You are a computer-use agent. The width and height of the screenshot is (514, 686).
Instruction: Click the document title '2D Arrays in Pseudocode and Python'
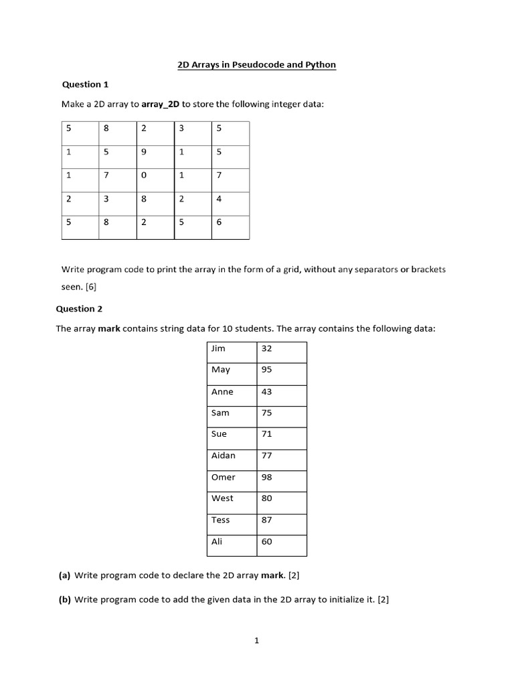pos(256,65)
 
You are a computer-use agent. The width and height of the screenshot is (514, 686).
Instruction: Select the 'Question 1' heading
pos(85,84)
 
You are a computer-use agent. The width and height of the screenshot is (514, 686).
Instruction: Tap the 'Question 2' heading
pos(79,309)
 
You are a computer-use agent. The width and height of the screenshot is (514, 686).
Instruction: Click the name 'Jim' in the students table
pos(218,348)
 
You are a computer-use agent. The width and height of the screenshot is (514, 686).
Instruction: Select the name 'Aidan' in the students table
pos(224,456)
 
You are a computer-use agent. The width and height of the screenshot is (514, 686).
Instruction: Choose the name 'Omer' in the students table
pos(224,477)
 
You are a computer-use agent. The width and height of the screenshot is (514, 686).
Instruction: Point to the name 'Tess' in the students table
pos(220,520)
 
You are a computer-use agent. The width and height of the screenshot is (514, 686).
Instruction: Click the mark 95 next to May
pos(266,370)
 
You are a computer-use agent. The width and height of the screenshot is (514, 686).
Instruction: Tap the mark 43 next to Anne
pos(266,392)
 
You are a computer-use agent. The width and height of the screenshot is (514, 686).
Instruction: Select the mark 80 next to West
pos(266,498)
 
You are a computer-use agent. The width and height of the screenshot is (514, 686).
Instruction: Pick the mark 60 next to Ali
pos(266,541)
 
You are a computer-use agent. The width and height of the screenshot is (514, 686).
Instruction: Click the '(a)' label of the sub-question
pos(65,575)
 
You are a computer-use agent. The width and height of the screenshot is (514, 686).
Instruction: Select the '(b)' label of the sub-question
pos(65,600)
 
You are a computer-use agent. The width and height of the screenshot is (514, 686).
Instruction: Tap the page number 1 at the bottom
pos(256,640)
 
